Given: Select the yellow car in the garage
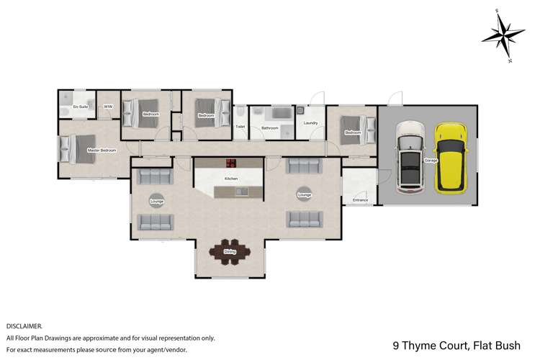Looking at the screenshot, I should [451, 157].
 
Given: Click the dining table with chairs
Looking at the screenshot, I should [230, 251].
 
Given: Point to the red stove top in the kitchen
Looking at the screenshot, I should [231, 163].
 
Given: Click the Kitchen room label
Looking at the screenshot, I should [231, 179].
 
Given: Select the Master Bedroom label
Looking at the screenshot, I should [102, 150].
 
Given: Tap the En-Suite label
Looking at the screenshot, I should [80, 107].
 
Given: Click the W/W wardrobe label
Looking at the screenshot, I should [108, 107].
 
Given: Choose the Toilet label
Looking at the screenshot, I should [240, 127].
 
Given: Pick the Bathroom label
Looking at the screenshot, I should [270, 127].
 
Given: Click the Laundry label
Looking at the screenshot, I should [311, 123].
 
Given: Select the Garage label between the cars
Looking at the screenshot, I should [431, 160].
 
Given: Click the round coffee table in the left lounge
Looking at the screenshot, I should [156, 202].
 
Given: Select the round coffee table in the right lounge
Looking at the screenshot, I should [304, 194].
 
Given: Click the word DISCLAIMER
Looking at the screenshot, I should [24, 326].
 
